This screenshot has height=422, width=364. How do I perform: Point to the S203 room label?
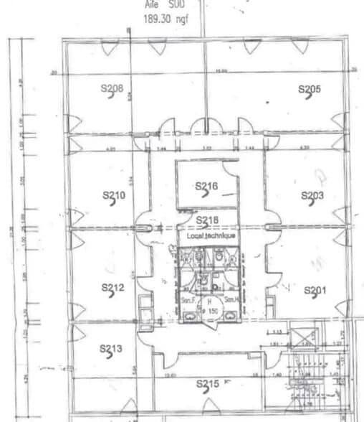tap(313, 195)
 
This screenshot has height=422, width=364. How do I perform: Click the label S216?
tap(206, 187)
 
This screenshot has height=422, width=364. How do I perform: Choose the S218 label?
tap(207, 220)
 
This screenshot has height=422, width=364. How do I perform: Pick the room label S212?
tap(113, 289)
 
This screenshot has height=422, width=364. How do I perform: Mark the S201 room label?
tap(315, 290)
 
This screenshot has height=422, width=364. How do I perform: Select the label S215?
tap(207, 385)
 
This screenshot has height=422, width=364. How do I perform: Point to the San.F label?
tap(189, 299)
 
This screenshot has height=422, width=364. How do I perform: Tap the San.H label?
tap(231, 299)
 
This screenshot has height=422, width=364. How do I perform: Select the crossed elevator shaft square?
tap(305, 338)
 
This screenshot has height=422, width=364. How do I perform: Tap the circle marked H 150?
tap(210, 307)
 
